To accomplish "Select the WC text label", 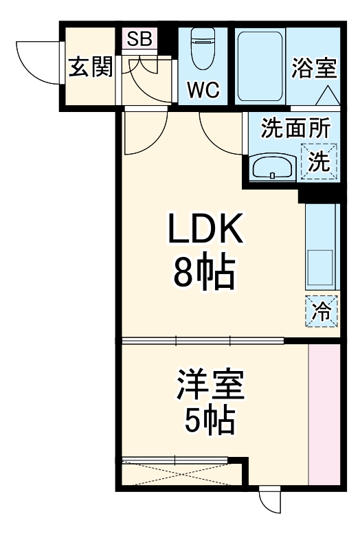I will point(203,90).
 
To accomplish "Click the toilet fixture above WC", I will point(203,49).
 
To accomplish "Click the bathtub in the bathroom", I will point(260,66).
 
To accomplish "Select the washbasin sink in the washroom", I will point(273,166).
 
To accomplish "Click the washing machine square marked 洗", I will point(319,161).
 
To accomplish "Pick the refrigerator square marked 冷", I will point(321,311).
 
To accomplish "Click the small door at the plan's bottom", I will point(271,502).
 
